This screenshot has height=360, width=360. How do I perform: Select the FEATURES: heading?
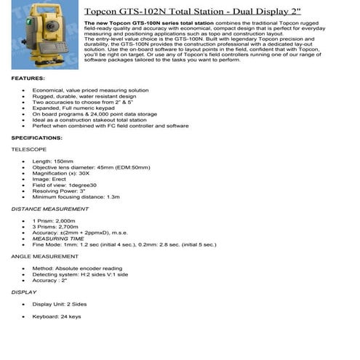coord(28,77)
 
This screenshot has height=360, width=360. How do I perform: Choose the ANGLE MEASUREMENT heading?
coord(45,256)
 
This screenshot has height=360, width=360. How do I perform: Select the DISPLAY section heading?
coord(24,292)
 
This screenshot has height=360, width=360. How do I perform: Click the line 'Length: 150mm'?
coord(53,161)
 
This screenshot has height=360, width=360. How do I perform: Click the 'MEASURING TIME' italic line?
coord(58,239)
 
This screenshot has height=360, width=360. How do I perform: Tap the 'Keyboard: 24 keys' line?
coord(57,316)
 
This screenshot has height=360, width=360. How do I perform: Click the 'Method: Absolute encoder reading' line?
coord(77,268)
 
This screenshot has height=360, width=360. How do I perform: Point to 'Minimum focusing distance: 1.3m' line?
coord(76,196)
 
